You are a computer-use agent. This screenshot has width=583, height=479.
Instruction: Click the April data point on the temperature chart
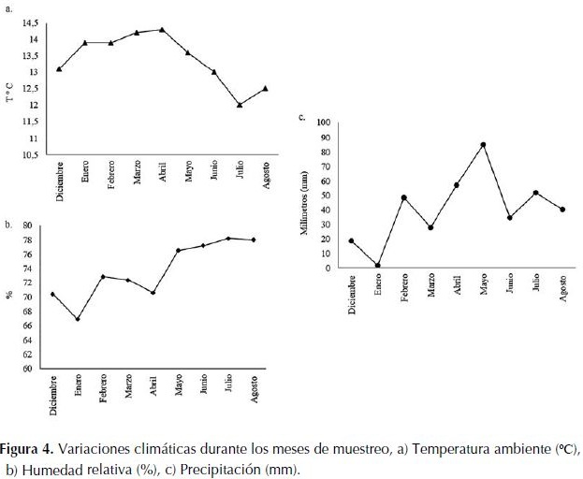tap(162, 29)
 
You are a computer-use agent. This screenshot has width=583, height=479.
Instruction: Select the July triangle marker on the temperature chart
tap(240, 104)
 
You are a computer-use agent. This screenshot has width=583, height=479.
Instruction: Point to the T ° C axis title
tap(10, 89)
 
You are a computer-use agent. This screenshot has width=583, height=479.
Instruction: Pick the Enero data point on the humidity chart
tap(78, 319)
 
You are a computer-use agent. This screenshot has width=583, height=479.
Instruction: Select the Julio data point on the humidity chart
tap(228, 238)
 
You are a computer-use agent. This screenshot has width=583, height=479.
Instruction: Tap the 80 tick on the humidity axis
tap(27, 225)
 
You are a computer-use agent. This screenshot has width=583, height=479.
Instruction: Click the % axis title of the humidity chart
tap(8, 296)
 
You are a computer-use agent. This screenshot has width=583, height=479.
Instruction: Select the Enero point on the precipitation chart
tap(378, 266)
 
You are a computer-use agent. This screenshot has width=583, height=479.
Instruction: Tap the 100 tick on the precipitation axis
tap(324, 123)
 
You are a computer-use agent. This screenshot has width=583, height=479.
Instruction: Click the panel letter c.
tap(300, 117)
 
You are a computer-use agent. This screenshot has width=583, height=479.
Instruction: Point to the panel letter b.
tap(7, 225)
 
